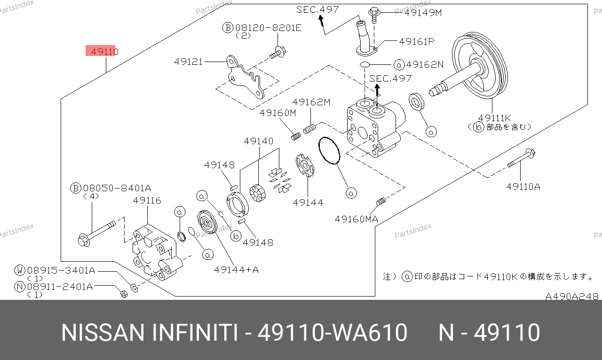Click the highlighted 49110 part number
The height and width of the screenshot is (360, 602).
coord(102,51)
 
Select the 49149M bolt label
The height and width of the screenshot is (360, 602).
coord(423,13)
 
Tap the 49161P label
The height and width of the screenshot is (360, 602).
coord(416,41)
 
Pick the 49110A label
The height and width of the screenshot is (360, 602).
coord(523,187)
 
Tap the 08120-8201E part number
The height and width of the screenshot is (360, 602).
coord(268,28)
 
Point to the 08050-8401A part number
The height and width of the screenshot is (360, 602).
coord(116,188)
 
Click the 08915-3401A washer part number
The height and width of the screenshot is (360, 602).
coord(61,270)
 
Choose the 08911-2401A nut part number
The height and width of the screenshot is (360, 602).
coord(60,286)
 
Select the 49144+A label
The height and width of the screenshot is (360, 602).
coord(236,270)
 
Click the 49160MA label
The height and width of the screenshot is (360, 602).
coord(356,219)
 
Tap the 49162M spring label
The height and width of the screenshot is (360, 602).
coord(311,102)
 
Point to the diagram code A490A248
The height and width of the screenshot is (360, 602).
coord(572,297)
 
